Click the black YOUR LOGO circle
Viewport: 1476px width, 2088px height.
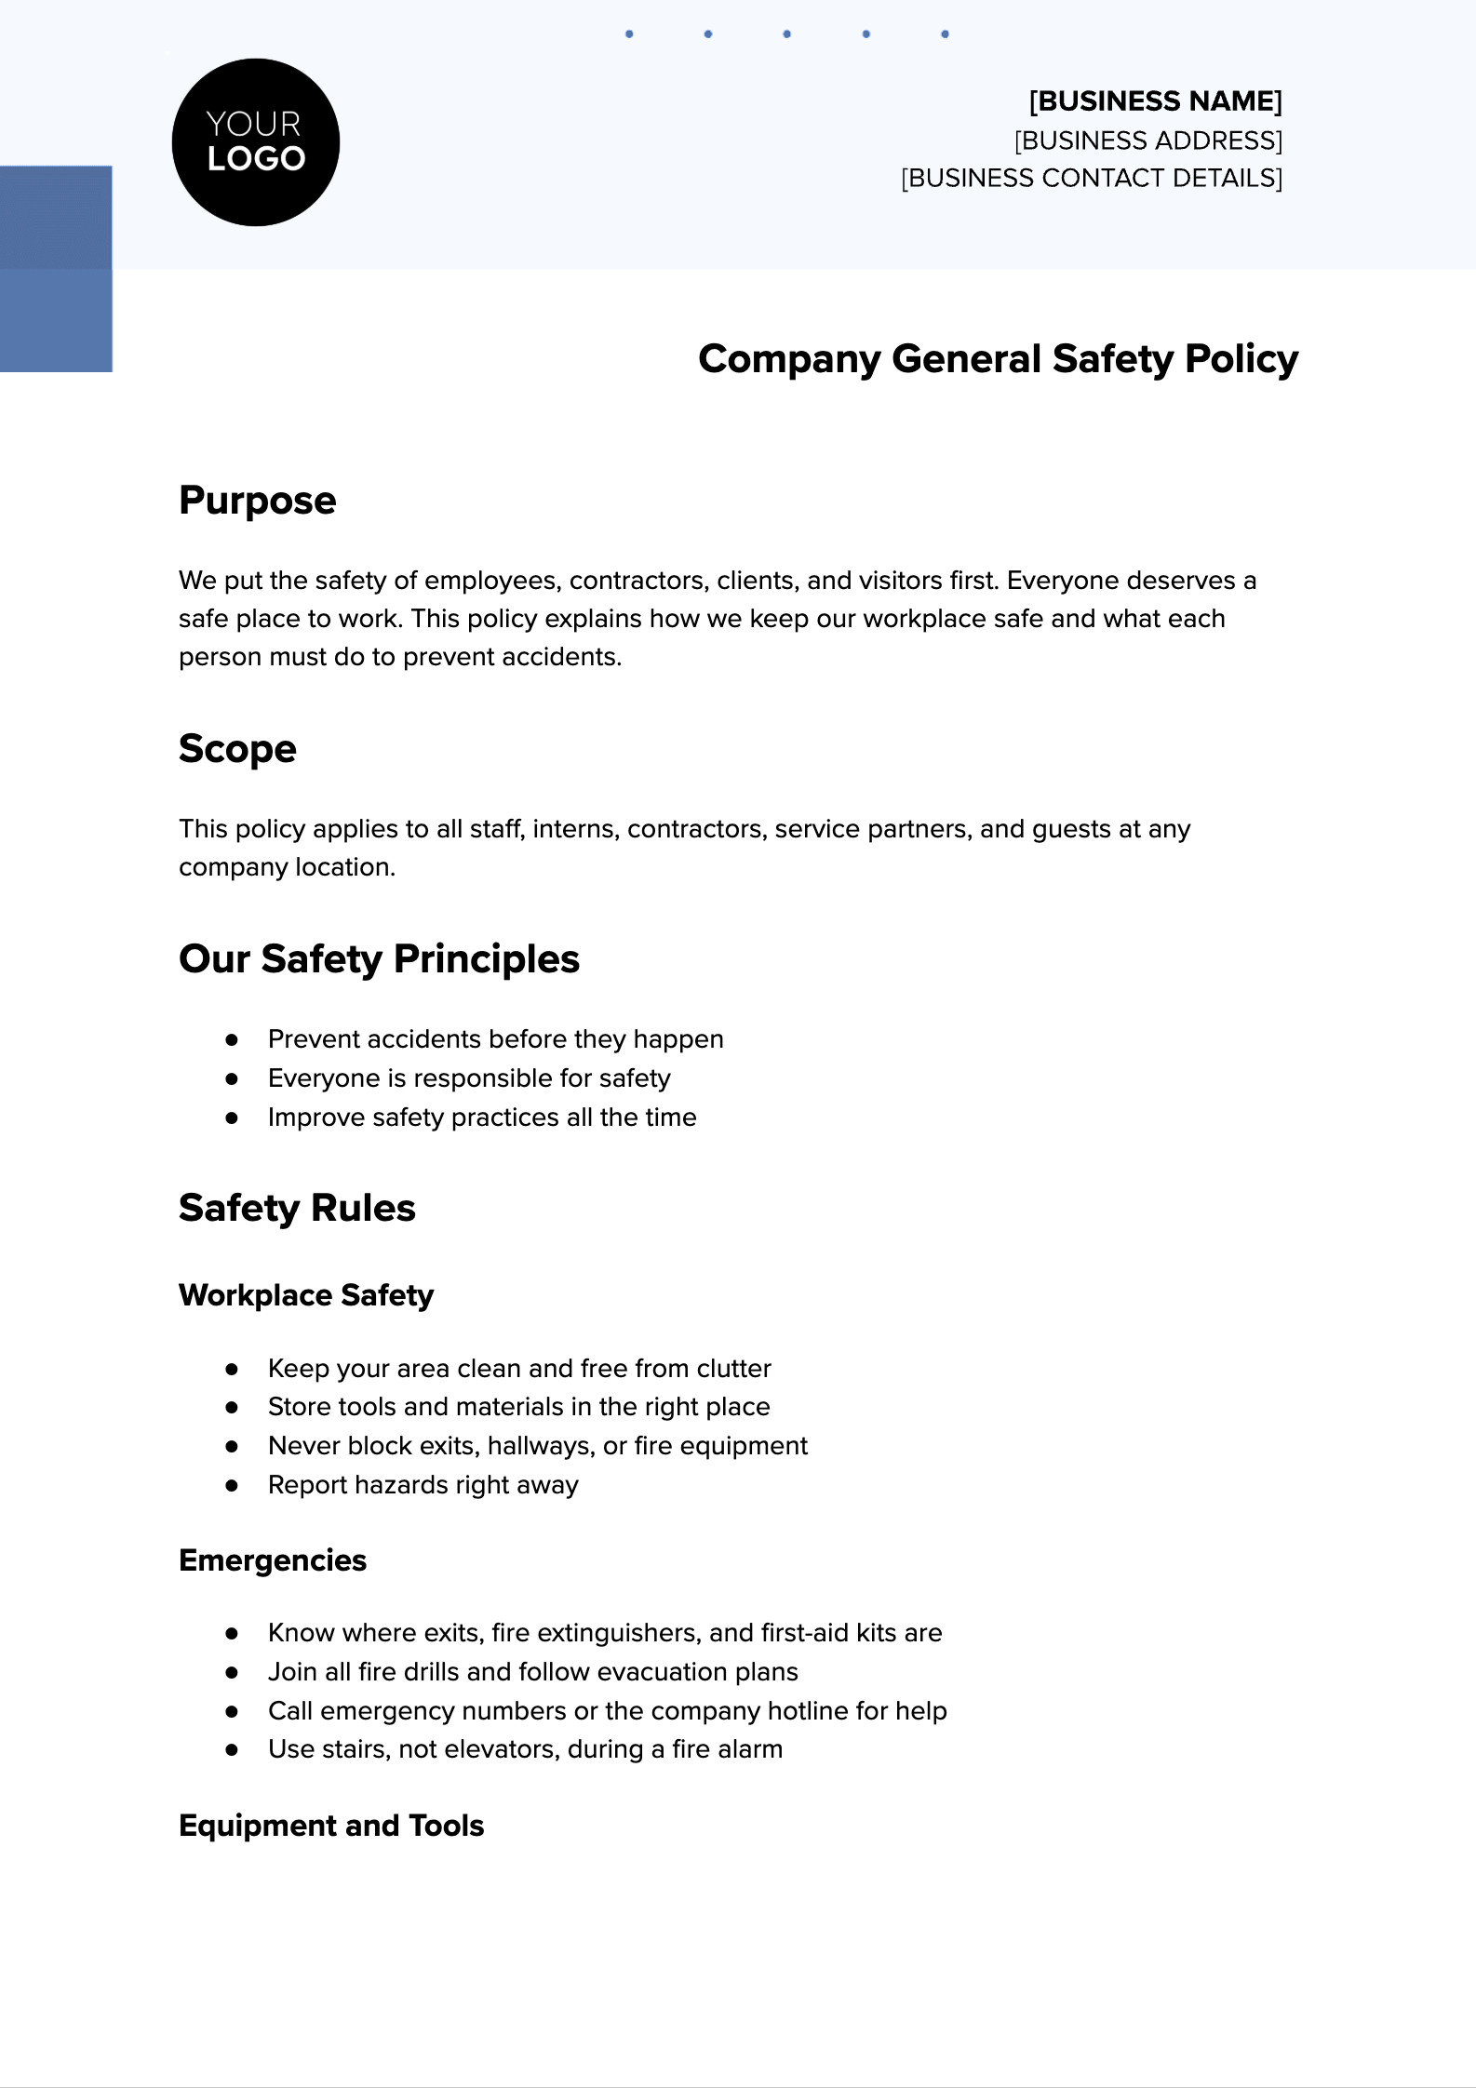tap(256, 142)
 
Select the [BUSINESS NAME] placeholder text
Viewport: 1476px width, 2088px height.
tap(1155, 100)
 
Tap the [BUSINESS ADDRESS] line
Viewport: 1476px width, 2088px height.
tap(1147, 141)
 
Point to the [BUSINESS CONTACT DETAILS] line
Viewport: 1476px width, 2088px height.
tap(1091, 178)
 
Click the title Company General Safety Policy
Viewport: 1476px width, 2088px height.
tap(998, 359)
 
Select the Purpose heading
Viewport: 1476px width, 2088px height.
tap(257, 501)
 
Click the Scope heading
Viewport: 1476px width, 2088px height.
tap(237, 749)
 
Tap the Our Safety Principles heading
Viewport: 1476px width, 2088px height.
tap(379, 959)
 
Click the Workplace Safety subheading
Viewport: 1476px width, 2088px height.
tap(306, 1295)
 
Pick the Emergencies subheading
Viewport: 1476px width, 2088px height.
tap(273, 1560)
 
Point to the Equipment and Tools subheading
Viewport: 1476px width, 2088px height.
tap(331, 1826)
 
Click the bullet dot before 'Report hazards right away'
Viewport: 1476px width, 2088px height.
tap(232, 1485)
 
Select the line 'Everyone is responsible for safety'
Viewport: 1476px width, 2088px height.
tap(469, 1078)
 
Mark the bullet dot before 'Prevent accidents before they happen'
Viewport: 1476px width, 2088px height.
tap(232, 1039)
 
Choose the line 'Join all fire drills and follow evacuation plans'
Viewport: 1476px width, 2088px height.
tap(532, 1672)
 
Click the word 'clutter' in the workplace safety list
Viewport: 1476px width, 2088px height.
tap(734, 1369)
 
